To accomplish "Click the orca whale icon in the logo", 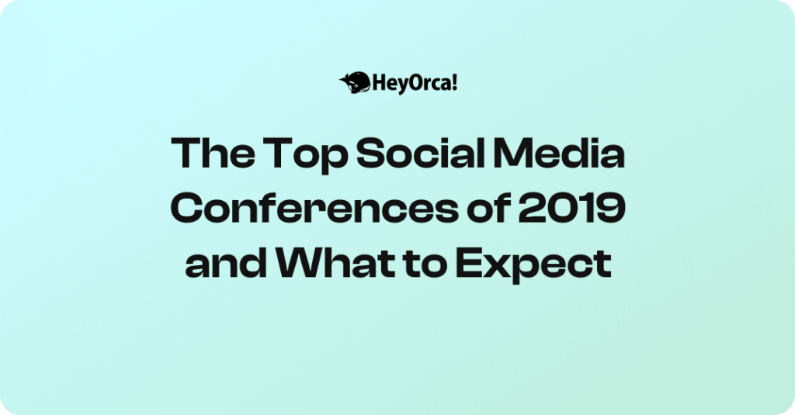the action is pos(355,82).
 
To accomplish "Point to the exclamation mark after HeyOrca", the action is pos(454,82).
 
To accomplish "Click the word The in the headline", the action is pos(213,153).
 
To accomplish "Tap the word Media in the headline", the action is pos(559,153).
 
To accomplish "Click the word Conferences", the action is pos(314,208).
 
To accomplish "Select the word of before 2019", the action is pos(488,208).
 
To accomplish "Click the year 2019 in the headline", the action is pos(571,208).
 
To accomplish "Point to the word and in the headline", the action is pos(226,263).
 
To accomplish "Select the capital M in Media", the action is pos(513,153).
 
